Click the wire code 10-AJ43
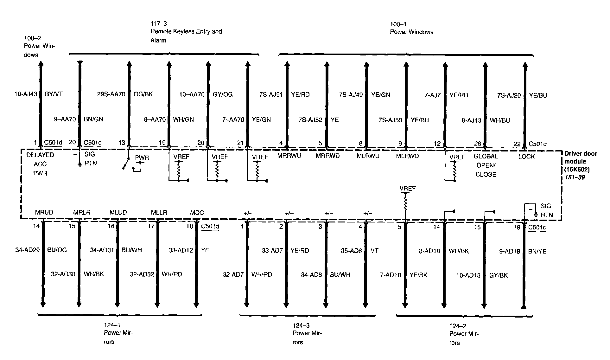26,94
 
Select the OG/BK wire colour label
143,94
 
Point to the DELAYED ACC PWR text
40,164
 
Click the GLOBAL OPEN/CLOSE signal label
486,165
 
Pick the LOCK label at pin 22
526,156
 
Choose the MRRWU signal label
289,156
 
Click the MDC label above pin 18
197,213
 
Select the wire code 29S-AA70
111,94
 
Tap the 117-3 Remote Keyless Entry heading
186,32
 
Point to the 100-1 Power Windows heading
411,28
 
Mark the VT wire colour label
374,250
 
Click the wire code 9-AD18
510,251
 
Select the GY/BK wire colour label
499,275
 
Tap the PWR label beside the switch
142,158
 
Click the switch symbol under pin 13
126,163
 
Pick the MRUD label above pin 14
44,212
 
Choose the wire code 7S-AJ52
310,120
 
